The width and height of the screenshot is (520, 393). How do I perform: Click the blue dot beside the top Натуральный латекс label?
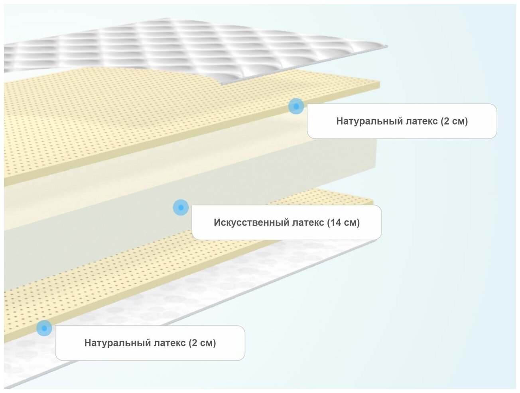tap(296, 106)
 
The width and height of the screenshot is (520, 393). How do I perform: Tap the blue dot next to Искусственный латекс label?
tap(181, 207)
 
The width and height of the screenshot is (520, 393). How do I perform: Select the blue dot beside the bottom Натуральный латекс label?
tap(44, 328)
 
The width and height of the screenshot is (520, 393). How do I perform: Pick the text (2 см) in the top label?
tap(454, 121)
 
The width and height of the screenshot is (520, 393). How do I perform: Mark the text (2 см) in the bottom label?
tap(202, 343)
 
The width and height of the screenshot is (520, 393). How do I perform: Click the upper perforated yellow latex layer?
tap(120, 120)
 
